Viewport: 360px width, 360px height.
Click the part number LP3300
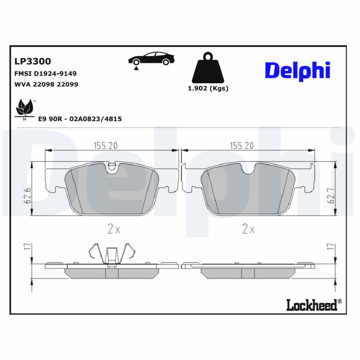tap(33, 61)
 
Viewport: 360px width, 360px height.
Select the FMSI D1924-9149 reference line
tap(46, 73)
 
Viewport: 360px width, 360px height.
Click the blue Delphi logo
tap(297, 71)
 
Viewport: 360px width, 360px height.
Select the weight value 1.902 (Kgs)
tap(208, 89)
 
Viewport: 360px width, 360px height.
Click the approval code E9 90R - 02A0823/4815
tap(80, 119)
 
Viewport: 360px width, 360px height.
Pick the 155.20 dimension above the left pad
tap(105, 145)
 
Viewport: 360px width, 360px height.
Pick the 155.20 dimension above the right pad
tap(242, 145)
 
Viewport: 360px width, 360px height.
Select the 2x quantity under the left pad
tap(114, 229)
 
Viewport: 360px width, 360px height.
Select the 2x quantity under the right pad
tap(248, 229)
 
